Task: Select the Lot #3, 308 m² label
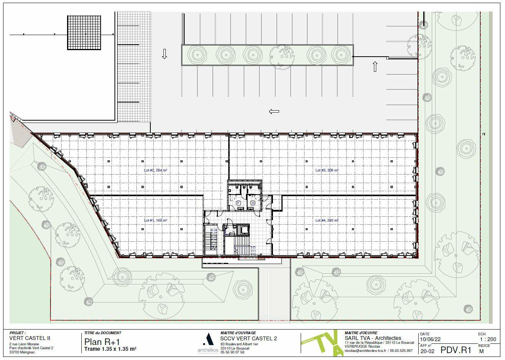pos(327,170)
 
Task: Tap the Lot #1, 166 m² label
pos(155,220)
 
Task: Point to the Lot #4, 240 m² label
pos(327,220)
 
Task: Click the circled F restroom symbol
pos(238,203)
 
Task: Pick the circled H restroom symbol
pos(253,203)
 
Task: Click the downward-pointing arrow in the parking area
pos(165,54)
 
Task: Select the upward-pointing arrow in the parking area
pos(375,66)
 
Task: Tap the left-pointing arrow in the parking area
pos(274,112)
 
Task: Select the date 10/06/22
pos(430,339)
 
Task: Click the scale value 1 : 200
pos(487,339)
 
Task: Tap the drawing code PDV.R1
pos(456,350)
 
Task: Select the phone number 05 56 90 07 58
pos(232,352)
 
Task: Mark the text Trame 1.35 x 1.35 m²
pos(110,349)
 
